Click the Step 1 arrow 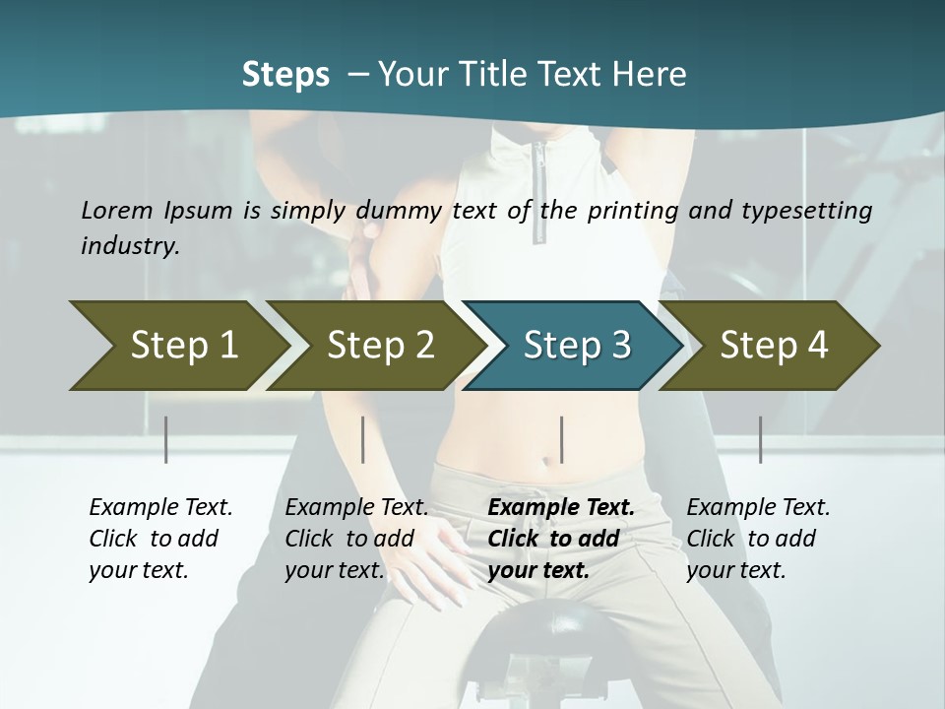tap(177, 346)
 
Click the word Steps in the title tap(285, 74)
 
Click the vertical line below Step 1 tap(166, 439)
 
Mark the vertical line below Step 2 tap(363, 439)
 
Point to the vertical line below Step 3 tap(562, 439)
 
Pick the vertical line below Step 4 tap(761, 439)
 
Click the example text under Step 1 tap(159, 539)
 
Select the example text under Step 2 tap(355, 539)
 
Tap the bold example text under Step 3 tap(560, 539)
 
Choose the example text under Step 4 tap(757, 539)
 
